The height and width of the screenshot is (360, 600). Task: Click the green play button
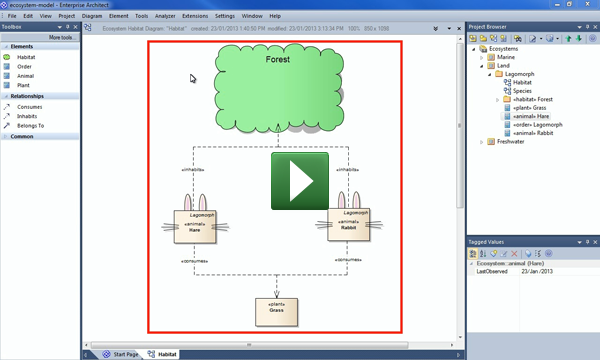click(x=299, y=181)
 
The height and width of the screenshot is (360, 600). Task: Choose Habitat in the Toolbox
click(x=26, y=57)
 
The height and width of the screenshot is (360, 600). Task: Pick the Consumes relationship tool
click(x=30, y=106)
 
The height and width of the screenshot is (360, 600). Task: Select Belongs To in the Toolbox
click(x=32, y=126)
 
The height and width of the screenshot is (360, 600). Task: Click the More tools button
click(x=61, y=37)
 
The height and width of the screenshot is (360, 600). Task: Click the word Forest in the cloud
click(x=279, y=60)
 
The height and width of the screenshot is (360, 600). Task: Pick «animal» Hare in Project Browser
click(x=532, y=116)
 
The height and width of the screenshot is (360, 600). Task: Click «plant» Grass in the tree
click(x=530, y=108)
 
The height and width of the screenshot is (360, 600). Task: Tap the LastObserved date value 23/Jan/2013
click(x=542, y=271)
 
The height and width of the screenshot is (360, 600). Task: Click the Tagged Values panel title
click(x=492, y=242)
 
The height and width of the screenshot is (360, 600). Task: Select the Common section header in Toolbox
click(x=23, y=136)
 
